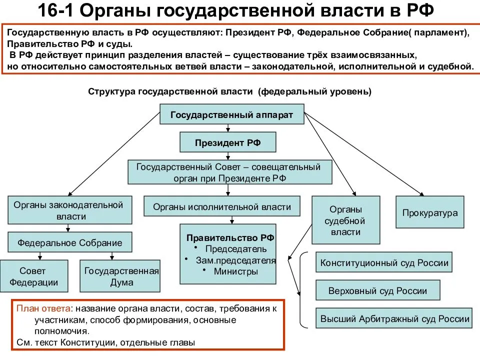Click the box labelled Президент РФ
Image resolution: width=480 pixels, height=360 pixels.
click(228, 142)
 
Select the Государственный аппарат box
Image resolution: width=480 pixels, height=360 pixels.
click(231, 114)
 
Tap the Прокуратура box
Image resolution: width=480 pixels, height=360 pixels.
click(430, 212)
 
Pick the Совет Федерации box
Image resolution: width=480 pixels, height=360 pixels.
click(33, 276)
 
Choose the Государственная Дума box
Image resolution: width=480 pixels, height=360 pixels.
click(120, 276)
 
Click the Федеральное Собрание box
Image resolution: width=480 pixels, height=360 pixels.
click(70, 242)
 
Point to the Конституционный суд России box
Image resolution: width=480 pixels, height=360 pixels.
click(384, 262)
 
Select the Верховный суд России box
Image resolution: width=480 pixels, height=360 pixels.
click(378, 290)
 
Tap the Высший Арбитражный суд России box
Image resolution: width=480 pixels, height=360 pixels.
click(394, 318)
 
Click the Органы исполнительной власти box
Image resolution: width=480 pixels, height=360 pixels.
click(222, 206)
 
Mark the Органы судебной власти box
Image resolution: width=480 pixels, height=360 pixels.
click(346, 220)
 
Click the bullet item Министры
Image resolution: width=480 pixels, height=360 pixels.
click(235, 271)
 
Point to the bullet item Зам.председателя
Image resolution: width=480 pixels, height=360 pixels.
click(235, 260)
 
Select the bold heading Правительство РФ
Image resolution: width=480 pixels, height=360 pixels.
click(230, 238)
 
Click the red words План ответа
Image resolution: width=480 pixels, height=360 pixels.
click(43, 308)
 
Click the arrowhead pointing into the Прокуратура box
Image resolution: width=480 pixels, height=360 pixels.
click(422, 194)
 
